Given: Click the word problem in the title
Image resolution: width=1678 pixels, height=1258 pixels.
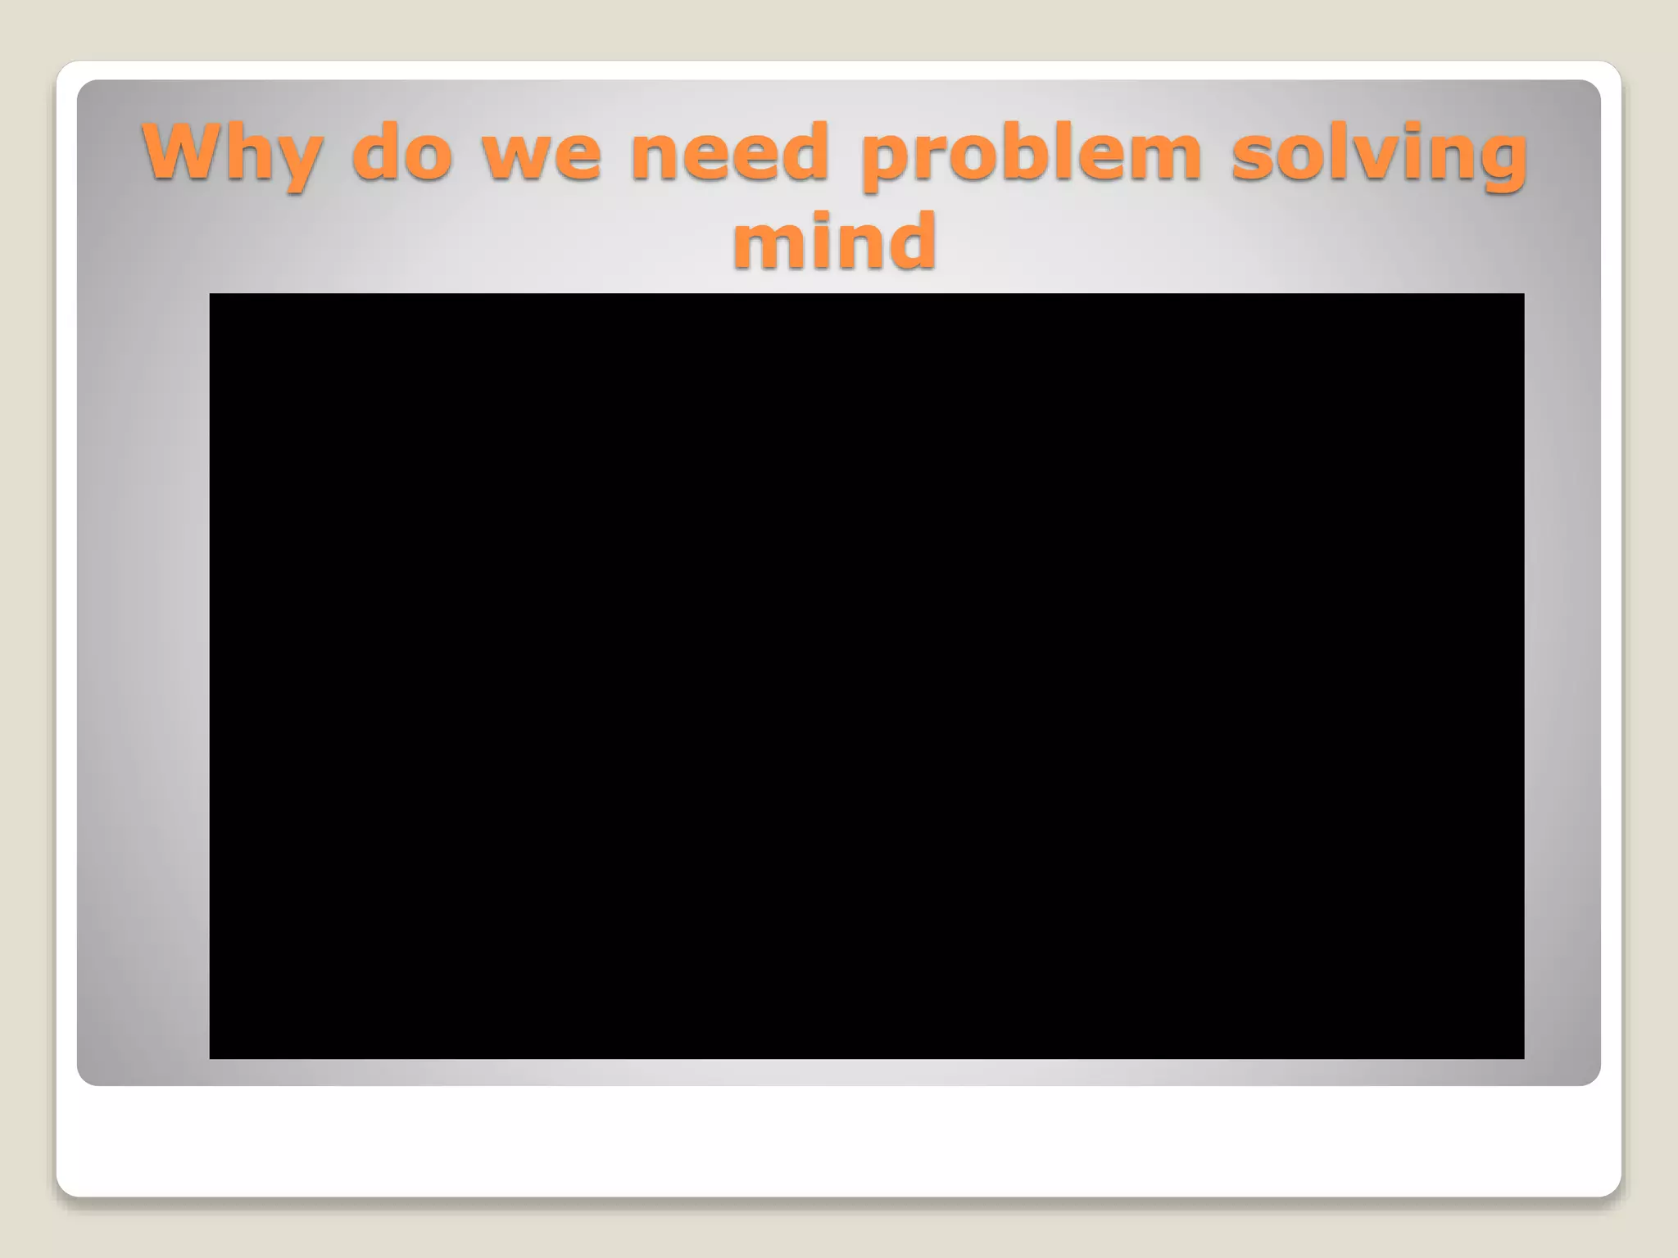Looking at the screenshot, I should (x=1032, y=153).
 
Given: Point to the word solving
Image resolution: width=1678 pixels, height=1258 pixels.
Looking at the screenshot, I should (x=1380, y=153).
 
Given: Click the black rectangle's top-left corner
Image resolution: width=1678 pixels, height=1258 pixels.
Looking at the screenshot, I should (x=211, y=295).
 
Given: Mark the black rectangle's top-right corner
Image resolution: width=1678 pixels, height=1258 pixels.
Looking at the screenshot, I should (x=1522, y=295).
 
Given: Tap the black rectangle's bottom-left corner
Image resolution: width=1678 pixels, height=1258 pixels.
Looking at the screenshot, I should (x=211, y=1057).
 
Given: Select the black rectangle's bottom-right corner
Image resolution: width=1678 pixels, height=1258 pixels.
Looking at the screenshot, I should (x=1522, y=1057).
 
